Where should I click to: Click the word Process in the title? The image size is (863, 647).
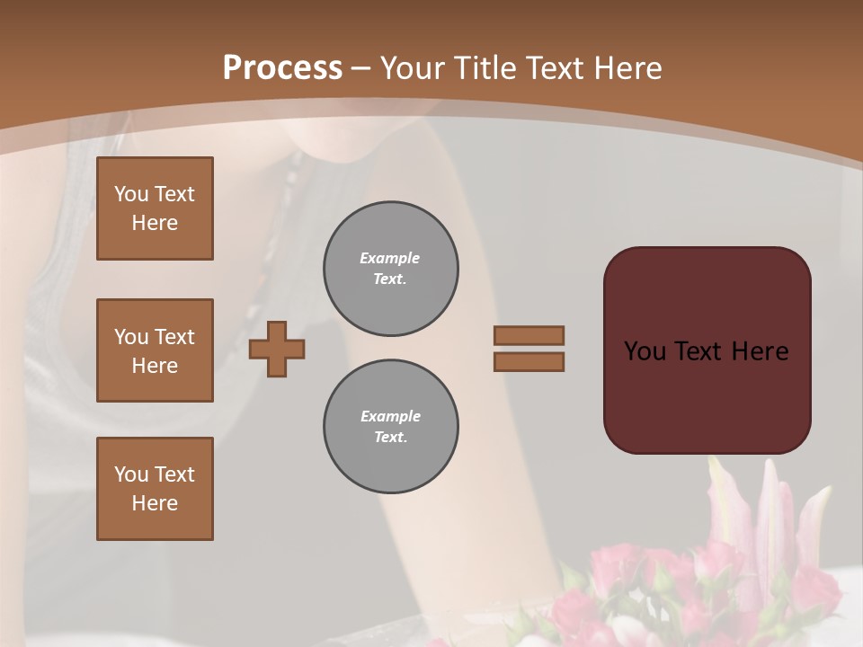coord(282,68)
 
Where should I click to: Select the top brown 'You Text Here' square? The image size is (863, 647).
coord(155,208)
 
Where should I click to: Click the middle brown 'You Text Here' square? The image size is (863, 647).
coord(155,350)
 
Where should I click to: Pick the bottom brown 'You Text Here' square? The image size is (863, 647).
coord(155,489)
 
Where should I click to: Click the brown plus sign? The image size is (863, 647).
coord(277,349)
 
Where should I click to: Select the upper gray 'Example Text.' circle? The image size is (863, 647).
coord(391,269)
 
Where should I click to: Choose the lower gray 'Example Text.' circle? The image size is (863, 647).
coord(391,427)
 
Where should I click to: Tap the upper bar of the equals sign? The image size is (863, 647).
coord(529,335)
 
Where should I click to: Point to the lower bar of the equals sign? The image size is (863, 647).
coord(529,361)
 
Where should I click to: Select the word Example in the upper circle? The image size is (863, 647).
coord(390,258)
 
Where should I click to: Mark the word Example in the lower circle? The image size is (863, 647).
coord(390,416)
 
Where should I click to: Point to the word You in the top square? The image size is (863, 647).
coord(130,194)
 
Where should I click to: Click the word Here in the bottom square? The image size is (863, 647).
coord(155,503)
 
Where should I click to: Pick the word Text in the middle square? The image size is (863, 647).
coord(174,337)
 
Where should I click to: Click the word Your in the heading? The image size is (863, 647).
coord(411,68)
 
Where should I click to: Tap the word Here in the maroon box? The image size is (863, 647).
coord(760,351)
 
